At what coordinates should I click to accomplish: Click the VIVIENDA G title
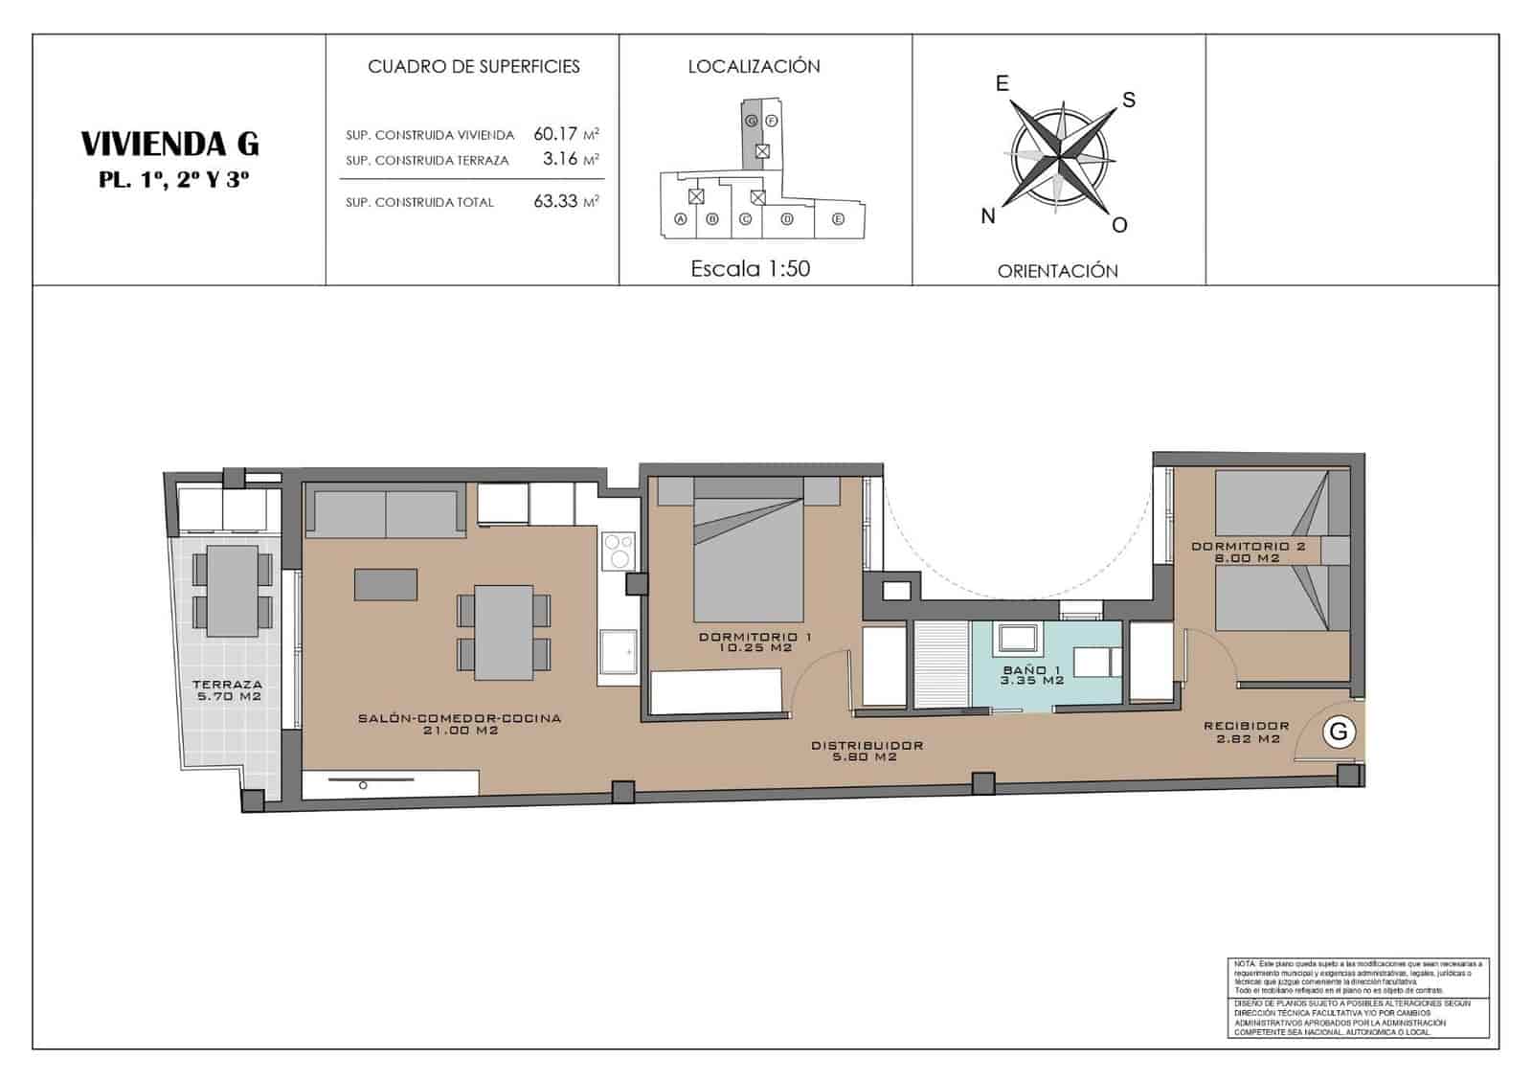pos(169,144)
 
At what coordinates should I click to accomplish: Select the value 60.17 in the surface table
pos(556,134)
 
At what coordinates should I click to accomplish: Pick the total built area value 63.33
pos(556,201)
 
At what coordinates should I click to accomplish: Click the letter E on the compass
pos(1002,84)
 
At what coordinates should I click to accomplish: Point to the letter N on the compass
pos(988,216)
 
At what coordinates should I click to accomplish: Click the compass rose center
pos(1059,153)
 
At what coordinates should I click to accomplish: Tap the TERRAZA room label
pos(227,684)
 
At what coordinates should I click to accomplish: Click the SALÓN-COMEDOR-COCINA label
pos(460,718)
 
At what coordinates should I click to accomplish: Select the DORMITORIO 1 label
pos(755,637)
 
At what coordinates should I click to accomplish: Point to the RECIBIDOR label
pos(1246,726)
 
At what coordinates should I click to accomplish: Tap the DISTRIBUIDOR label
pos(867,745)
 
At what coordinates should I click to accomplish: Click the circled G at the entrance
pos(1339,732)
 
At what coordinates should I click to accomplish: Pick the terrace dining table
pos(233,590)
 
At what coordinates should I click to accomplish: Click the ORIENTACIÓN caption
pos(1057,271)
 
